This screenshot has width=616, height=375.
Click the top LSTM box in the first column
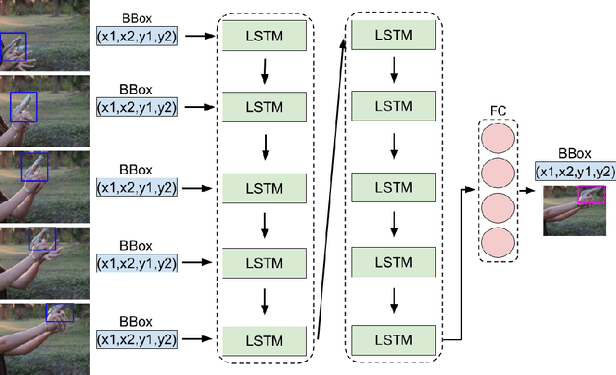[x=265, y=37]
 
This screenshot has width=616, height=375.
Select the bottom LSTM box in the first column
[x=265, y=340]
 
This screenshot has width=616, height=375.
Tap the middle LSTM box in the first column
[x=265, y=188]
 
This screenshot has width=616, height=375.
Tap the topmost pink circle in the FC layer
[x=498, y=139]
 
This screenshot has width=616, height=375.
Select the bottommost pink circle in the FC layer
[x=498, y=242]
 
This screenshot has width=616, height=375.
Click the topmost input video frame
[x=43, y=36]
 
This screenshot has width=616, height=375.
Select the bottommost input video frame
[x=43, y=337]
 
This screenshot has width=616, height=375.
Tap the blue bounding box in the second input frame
[x=23, y=106]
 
